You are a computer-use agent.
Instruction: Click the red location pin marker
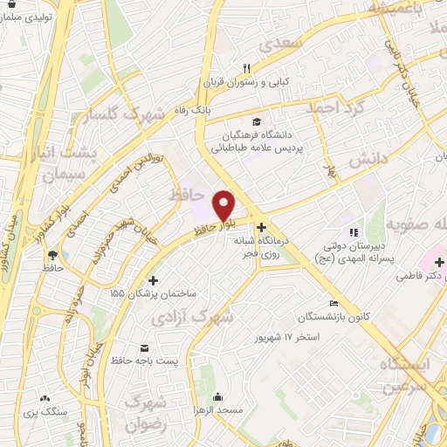point(225,205)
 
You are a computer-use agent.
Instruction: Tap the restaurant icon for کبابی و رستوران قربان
point(247,68)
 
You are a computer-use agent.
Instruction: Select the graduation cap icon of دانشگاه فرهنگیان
point(256,121)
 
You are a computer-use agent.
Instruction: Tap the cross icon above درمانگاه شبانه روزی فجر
point(261,227)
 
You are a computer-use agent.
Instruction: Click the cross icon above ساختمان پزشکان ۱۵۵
point(154,280)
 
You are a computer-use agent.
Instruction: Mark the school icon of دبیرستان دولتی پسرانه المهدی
point(353,232)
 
